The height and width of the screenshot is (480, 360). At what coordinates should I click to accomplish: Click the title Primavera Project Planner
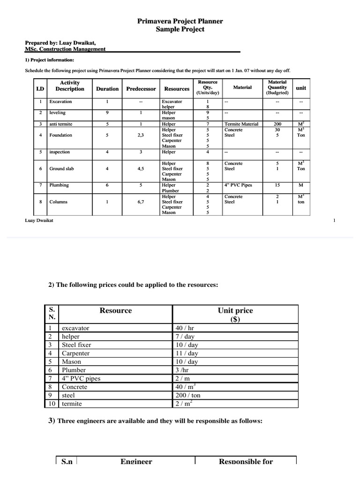coord(180,21)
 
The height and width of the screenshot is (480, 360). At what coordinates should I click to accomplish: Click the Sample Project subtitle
coord(180,29)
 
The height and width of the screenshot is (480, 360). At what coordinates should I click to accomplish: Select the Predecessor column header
coord(141,89)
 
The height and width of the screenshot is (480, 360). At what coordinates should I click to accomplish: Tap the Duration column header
coord(107,89)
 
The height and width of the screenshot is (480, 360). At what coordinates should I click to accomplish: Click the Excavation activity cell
coord(61,101)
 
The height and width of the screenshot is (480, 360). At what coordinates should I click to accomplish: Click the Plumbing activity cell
coord(59,185)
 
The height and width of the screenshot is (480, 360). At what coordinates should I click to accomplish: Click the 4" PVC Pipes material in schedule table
coord(239,185)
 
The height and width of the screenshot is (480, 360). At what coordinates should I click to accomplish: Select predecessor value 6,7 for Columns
coord(141,202)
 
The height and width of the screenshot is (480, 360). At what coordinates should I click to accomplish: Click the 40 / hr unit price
coord(184,328)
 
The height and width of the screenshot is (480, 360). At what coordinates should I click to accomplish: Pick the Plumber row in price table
coord(74,370)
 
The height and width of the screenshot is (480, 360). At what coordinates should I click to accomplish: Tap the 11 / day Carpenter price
coord(186,353)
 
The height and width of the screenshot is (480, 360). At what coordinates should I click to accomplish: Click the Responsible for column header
coord(246,461)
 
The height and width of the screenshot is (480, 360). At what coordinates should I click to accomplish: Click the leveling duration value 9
coord(107,112)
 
